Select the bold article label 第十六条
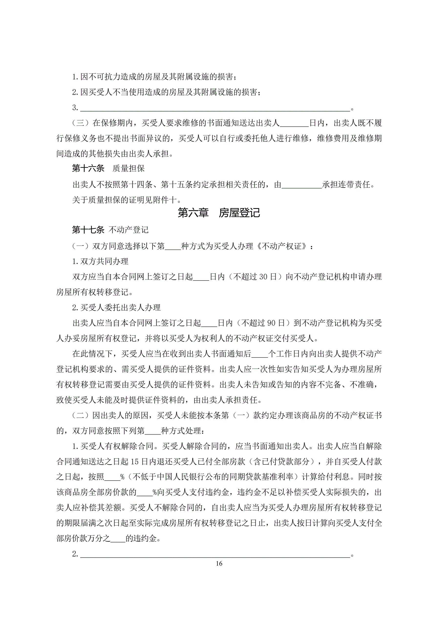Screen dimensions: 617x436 click(88, 168)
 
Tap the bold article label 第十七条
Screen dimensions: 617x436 click(88, 230)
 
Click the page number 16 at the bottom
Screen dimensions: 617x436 click(219, 563)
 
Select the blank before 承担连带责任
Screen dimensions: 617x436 click(302, 185)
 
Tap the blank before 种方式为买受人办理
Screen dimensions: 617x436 click(173, 247)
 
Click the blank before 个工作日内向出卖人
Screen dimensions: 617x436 click(260, 354)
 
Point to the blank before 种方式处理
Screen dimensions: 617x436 click(152, 431)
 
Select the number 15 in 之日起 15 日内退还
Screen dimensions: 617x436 click(135, 462)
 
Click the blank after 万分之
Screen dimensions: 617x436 click(118, 539)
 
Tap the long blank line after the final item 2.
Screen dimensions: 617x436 click(215, 554)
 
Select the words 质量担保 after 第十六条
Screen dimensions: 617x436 click(128, 168)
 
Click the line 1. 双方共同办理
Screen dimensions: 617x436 click(100, 261)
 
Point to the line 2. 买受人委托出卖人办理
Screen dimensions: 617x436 click(116, 308)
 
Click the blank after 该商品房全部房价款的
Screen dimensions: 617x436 click(144, 493)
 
